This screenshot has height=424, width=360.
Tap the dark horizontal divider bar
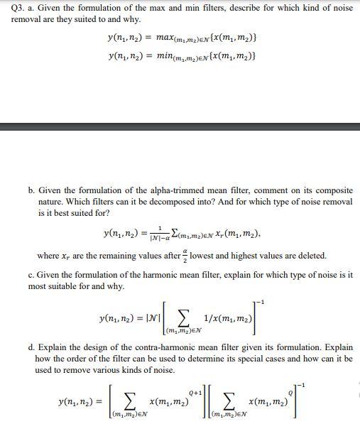180,126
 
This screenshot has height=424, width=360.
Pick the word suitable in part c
48,286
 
